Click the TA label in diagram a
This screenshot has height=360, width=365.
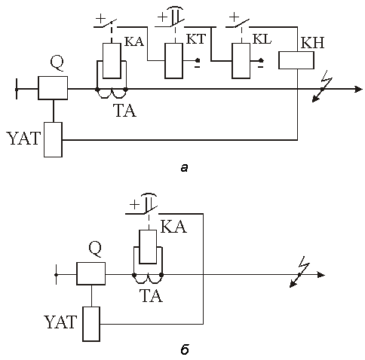click(125, 111)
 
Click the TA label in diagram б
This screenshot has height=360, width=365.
click(152, 295)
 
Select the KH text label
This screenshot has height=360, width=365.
click(312, 43)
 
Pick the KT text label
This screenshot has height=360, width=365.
click(196, 39)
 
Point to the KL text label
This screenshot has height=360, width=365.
click(262, 39)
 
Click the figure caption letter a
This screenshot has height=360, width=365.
click(184, 168)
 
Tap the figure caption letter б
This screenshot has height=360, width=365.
click(185, 350)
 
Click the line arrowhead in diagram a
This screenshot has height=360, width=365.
click(358, 89)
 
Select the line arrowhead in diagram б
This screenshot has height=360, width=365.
click(321, 275)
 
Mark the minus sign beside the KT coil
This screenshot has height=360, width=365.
click(198, 67)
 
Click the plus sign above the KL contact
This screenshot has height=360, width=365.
click(235, 17)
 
